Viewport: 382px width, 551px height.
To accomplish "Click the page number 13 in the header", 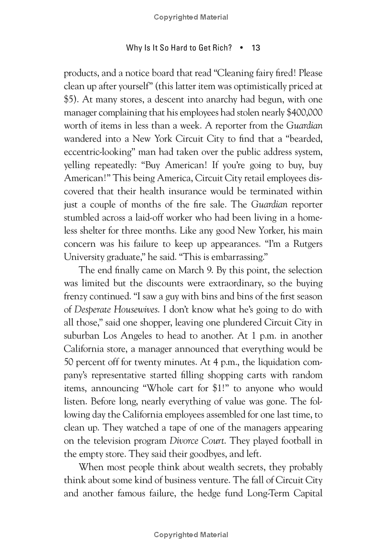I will point(255,48).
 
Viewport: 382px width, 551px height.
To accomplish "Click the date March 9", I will point(191,270).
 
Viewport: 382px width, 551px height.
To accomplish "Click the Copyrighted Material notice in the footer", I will point(191,535).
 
